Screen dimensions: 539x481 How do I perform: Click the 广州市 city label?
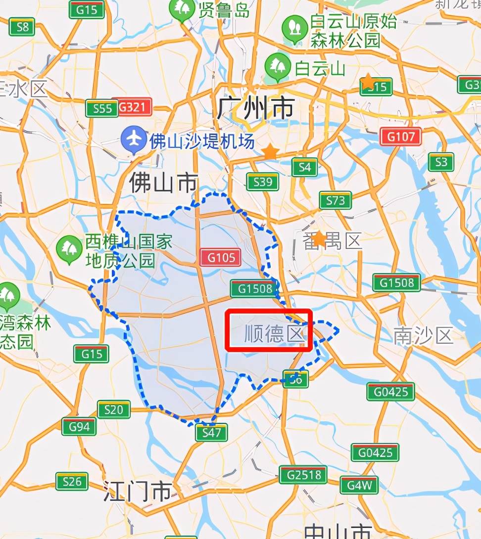pos(255,108)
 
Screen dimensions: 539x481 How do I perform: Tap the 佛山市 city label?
pos(163,183)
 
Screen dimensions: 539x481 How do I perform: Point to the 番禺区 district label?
pos(333,241)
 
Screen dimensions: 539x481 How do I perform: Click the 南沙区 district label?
pos(424,336)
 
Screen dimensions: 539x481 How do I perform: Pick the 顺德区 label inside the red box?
pos(273,334)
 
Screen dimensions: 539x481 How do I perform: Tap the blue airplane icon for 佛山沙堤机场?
pos(134,139)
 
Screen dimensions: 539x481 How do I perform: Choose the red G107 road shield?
pos(400,136)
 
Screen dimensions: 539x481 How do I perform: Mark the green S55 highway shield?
pos(102,108)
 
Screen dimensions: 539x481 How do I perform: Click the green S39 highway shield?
pos(263,182)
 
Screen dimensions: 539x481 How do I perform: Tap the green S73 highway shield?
pos(336,200)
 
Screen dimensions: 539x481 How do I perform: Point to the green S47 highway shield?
pos(211,433)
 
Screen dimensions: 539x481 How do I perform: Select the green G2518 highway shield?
pos(303,475)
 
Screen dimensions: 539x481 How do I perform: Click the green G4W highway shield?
pos(359,485)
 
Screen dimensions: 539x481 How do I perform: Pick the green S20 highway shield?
pos(114,410)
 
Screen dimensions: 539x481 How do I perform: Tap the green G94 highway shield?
pos(79,426)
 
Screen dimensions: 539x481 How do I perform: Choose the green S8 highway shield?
pos(22,27)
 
